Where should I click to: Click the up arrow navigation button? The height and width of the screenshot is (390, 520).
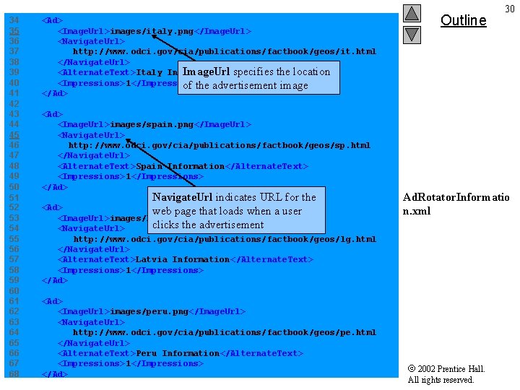(x=412, y=13)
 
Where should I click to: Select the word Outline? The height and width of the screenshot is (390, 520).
(x=463, y=20)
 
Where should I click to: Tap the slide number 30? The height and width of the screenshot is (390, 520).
(x=510, y=9)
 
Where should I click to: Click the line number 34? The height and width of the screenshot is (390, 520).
(x=14, y=20)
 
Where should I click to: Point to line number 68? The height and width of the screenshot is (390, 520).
(x=14, y=374)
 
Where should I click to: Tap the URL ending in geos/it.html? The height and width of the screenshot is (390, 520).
(x=224, y=52)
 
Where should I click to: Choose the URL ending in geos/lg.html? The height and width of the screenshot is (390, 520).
(x=224, y=239)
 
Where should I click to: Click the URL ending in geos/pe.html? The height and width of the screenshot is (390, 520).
(x=224, y=332)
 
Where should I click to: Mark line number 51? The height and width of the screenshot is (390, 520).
(x=14, y=197)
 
